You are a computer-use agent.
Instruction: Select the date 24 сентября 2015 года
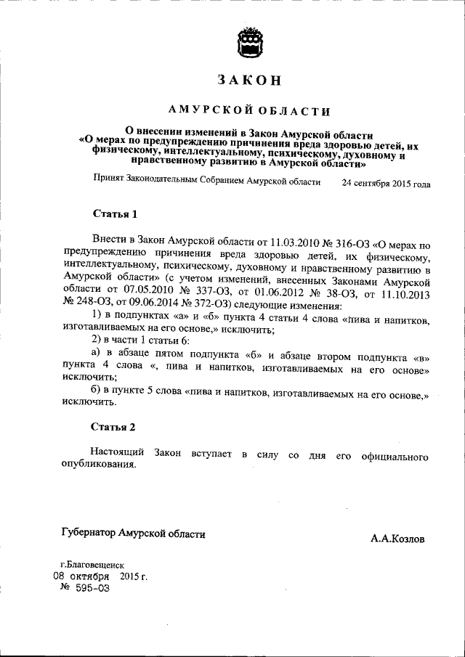[x=386, y=184]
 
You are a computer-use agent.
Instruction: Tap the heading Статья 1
[x=114, y=214]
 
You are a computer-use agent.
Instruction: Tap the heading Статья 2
[x=114, y=427]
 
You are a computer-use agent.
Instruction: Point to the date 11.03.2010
[x=275, y=241]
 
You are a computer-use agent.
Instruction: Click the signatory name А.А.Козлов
[x=397, y=539]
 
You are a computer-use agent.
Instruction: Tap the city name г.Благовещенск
[x=92, y=564]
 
